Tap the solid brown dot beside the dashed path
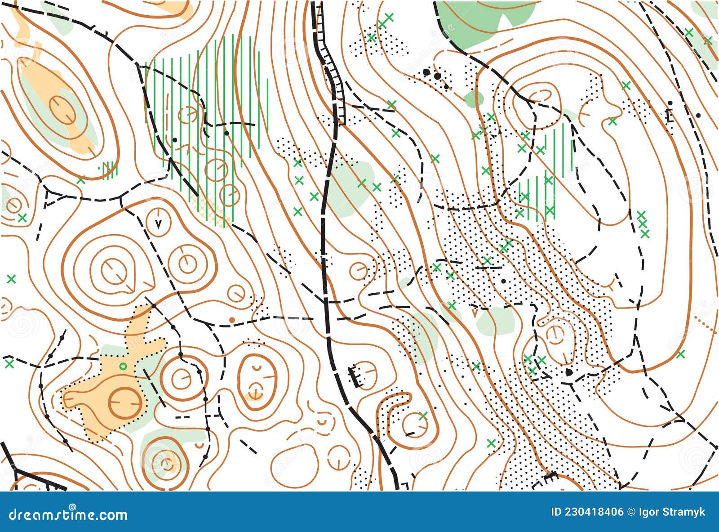coord(232,319)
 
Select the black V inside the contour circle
coord(158,222)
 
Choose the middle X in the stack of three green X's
coord(643,224)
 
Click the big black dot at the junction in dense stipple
coord(569,372)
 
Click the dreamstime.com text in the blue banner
coord(68,514)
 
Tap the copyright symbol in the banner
coord(630,512)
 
